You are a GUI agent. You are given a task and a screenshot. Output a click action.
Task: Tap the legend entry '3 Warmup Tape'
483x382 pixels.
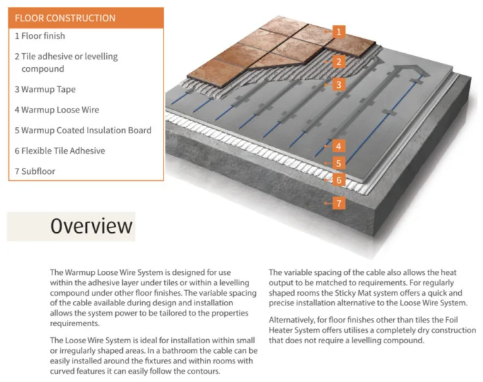point(45,89)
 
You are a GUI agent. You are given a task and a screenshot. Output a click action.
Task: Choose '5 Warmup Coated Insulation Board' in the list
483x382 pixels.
point(83,130)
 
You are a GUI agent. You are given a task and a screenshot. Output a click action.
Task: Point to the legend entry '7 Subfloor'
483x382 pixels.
point(34,171)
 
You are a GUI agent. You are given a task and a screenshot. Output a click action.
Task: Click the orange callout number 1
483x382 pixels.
point(338,31)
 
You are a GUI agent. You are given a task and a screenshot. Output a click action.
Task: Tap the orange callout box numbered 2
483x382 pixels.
point(338,61)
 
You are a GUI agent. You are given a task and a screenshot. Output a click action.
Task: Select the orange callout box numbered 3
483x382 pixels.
point(338,85)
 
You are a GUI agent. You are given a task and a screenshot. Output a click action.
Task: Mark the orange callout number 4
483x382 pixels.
point(338,146)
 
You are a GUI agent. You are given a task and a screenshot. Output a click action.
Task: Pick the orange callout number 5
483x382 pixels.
point(338,163)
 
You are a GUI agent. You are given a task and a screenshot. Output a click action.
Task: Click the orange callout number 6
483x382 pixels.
point(338,180)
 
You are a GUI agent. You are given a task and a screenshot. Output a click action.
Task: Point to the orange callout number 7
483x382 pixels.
point(338,203)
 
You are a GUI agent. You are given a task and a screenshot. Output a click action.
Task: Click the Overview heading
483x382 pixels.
point(91,226)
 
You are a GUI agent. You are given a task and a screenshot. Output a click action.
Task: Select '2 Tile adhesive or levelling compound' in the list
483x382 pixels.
point(66,62)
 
